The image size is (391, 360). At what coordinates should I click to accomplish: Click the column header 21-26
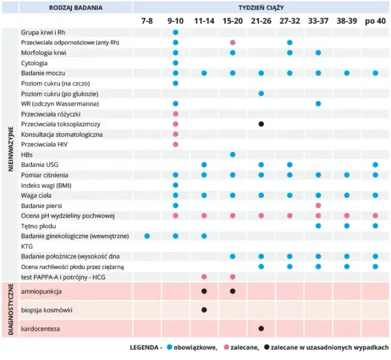point(261,21)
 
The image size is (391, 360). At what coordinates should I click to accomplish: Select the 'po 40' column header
point(376,21)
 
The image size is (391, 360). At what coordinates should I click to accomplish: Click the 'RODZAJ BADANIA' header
point(76,7)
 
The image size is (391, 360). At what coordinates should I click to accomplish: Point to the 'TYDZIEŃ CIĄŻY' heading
point(261,7)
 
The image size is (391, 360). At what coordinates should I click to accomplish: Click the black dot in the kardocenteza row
point(261,328)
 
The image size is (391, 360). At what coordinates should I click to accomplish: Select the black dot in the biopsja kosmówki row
point(204,310)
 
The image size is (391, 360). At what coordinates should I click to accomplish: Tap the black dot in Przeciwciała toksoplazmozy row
point(261,124)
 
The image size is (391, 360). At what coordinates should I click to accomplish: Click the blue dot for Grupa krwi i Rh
point(175,32)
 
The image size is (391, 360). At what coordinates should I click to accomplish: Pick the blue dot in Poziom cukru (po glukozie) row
point(261,93)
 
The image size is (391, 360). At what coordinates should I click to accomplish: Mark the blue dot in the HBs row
point(233,154)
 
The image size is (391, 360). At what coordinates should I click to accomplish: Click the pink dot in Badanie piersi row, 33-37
point(318,206)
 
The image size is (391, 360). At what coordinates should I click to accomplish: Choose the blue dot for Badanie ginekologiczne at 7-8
point(147,236)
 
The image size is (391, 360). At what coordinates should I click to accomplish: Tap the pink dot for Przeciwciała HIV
point(175,145)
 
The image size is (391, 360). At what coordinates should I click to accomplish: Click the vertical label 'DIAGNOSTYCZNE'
point(10,309)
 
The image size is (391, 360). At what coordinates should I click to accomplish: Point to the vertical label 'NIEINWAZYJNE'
point(10,149)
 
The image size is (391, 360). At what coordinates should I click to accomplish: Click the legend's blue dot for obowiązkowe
point(169,348)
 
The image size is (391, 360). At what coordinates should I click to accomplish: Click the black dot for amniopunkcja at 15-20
point(233,292)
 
